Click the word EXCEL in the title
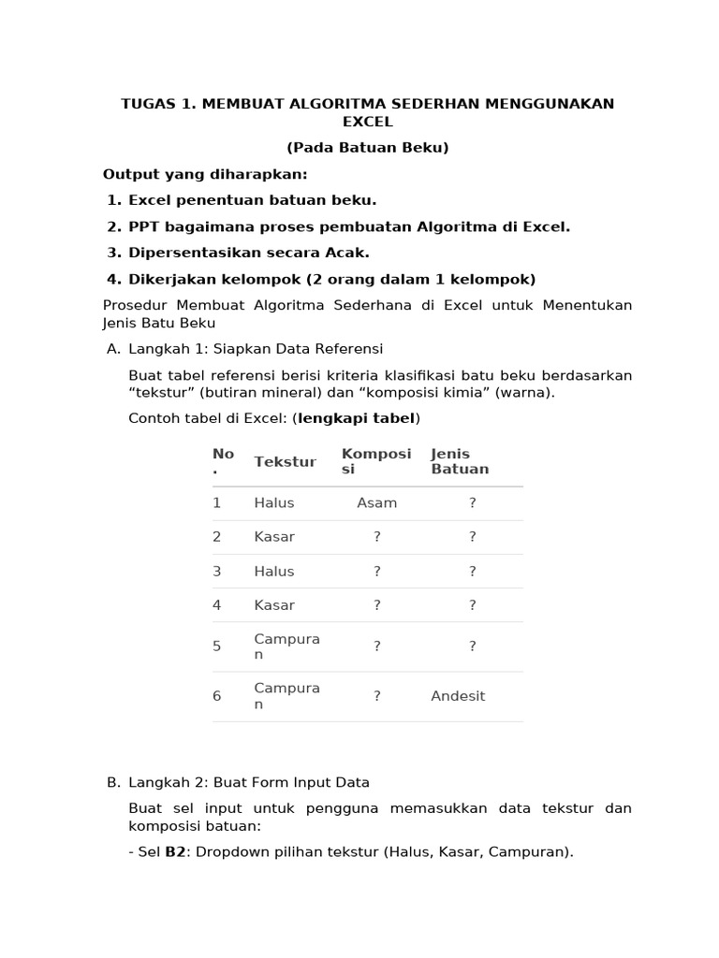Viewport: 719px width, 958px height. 368,122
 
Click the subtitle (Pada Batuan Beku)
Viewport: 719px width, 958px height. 368,148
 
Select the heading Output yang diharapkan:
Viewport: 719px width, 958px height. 205,174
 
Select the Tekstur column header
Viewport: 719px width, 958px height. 285,461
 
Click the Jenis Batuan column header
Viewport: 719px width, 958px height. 460,461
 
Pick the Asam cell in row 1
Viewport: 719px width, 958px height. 377,503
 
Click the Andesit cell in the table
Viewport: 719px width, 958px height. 458,696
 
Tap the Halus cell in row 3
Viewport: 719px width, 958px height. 274,571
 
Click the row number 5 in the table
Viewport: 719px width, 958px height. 217,646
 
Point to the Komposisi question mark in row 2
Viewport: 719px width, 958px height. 377,537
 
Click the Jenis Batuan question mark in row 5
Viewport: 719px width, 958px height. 473,646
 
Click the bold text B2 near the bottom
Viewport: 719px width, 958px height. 175,852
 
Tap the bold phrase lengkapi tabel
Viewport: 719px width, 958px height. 357,418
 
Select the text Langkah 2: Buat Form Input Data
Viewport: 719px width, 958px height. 249,782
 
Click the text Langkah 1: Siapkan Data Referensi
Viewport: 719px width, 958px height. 256,349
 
